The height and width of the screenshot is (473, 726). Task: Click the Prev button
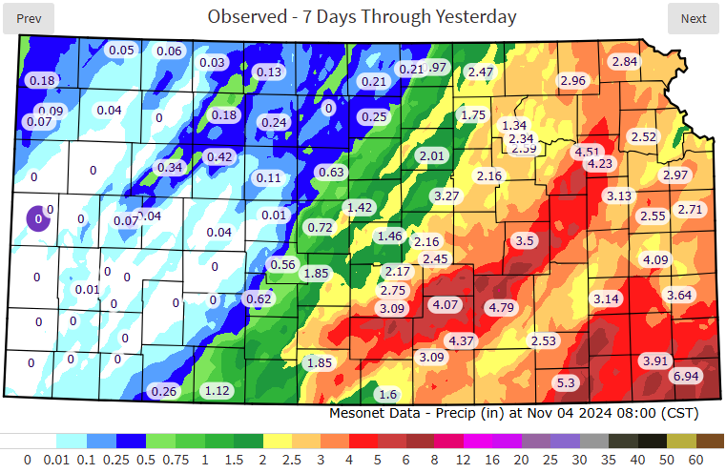tap(29, 18)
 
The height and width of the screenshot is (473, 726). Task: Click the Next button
tap(694, 18)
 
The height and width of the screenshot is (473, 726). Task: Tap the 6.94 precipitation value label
tap(685, 378)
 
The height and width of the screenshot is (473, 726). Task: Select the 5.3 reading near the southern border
tap(566, 382)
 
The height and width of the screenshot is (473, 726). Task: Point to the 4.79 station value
tap(501, 308)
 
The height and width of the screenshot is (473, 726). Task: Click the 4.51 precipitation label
tap(587, 152)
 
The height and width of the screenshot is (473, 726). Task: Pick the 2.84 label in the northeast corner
tap(625, 62)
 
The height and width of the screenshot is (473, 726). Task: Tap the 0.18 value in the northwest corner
tap(43, 81)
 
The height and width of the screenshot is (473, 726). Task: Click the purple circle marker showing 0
tap(37, 218)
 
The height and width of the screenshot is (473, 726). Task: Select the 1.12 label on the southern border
tap(218, 389)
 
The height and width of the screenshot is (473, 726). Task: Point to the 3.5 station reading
tap(525, 241)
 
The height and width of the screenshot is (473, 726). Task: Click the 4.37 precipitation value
tap(462, 340)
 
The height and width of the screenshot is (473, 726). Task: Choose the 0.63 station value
tap(331, 173)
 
